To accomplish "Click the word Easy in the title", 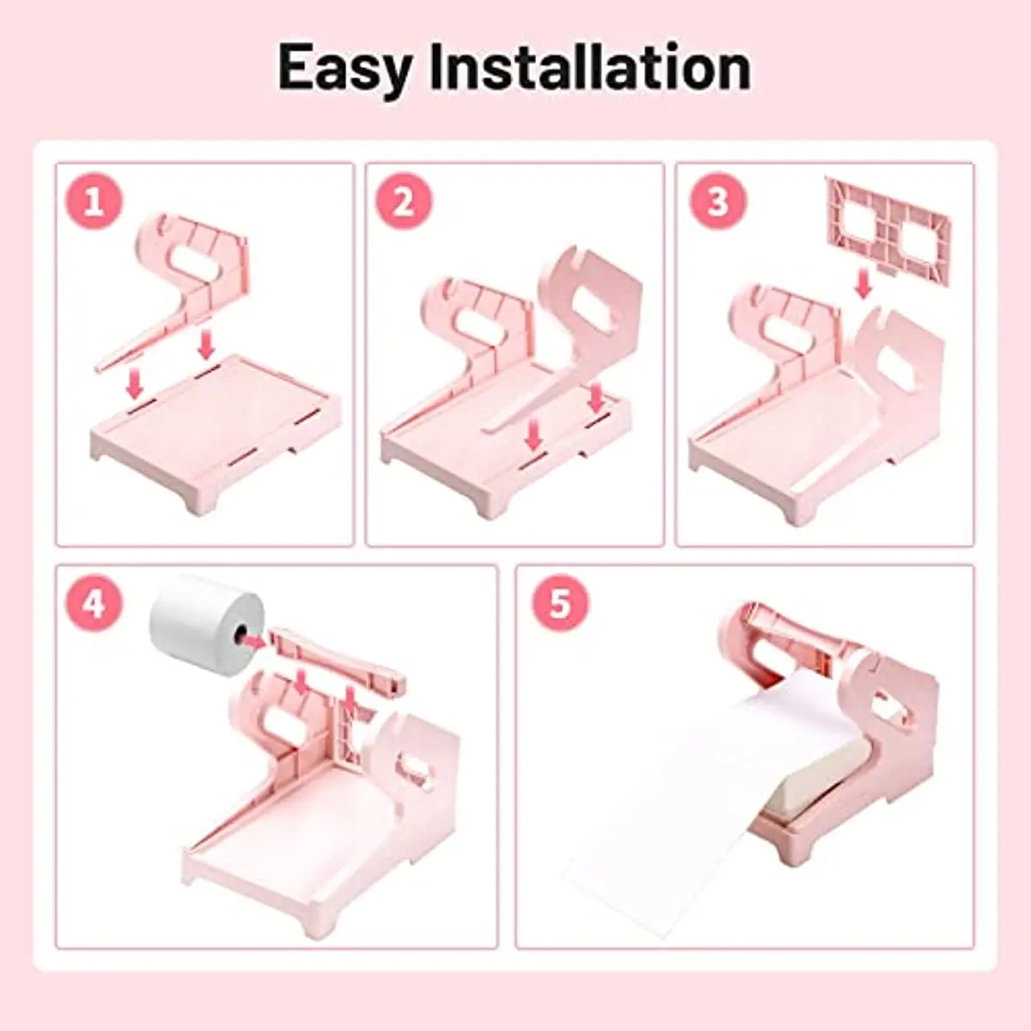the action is [x=345, y=69].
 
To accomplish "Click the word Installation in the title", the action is [x=590, y=66].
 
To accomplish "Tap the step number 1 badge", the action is [x=94, y=202].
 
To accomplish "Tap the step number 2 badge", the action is [x=404, y=202].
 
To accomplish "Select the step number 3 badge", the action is [x=717, y=202].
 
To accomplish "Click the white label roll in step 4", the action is [x=206, y=625].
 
